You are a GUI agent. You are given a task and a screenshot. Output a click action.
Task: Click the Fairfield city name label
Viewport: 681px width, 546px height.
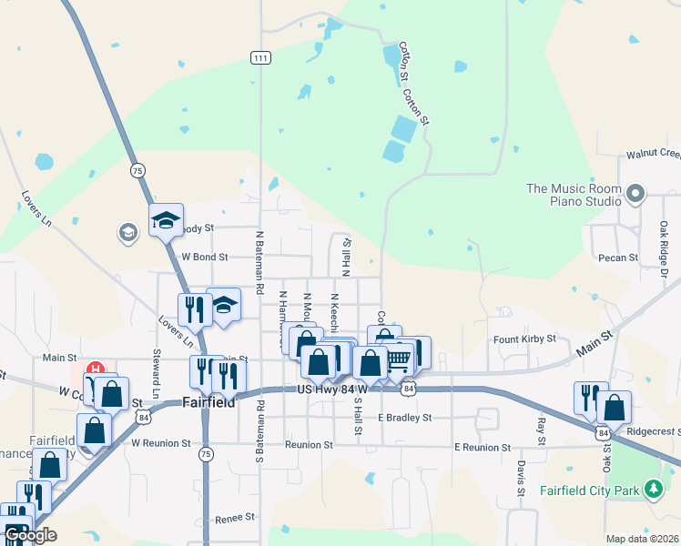click(209, 401)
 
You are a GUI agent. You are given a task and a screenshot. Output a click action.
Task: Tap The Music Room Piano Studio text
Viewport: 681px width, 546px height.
click(574, 195)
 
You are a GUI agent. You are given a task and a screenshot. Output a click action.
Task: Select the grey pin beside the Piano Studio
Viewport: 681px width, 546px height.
click(635, 193)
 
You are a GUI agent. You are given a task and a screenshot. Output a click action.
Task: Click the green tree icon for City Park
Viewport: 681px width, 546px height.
click(652, 490)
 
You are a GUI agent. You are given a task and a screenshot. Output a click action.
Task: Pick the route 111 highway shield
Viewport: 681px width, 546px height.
click(260, 57)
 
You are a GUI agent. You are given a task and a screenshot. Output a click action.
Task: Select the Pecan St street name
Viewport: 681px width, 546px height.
click(619, 258)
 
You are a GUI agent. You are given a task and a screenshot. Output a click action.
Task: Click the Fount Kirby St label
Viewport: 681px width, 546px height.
click(524, 339)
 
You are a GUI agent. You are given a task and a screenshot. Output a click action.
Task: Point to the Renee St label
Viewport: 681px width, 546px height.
click(235, 518)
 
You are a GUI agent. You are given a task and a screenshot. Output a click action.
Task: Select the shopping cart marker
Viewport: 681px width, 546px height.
click(397, 359)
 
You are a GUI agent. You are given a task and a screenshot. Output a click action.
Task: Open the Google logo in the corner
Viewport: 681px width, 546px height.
click(29, 535)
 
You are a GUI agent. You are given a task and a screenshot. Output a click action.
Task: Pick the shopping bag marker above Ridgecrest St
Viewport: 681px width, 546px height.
click(615, 407)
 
